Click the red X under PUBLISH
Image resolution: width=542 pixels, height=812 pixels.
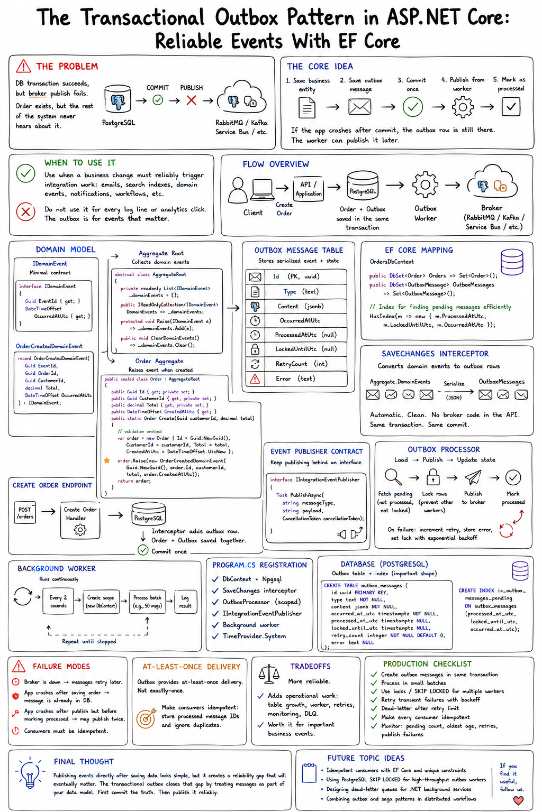(191, 100)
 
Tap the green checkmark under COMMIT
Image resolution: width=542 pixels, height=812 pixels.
(158, 100)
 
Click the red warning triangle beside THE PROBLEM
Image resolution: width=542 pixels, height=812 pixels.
(23, 66)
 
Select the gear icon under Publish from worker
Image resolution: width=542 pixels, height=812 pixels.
(463, 107)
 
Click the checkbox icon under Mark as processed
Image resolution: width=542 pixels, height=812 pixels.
(511, 107)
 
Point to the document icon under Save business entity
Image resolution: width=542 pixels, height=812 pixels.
(307, 108)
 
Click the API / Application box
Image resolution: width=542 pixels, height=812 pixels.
(308, 189)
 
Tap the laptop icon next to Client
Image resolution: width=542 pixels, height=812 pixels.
(262, 190)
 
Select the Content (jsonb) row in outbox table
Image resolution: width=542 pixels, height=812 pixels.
(296, 306)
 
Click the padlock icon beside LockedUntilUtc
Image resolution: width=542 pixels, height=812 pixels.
(255, 349)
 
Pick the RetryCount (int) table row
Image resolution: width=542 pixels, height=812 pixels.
(296, 364)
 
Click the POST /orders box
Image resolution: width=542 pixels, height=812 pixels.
(25, 513)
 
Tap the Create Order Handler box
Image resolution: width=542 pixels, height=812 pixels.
(80, 520)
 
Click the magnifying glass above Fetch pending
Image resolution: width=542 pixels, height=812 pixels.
(393, 477)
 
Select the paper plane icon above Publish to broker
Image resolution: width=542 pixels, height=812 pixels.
(473, 477)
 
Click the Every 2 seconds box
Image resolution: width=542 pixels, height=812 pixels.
(58, 602)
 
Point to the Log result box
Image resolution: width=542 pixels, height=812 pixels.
(185, 602)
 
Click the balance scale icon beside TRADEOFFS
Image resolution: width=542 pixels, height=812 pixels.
(269, 674)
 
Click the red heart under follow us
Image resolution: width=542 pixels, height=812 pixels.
(518, 800)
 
